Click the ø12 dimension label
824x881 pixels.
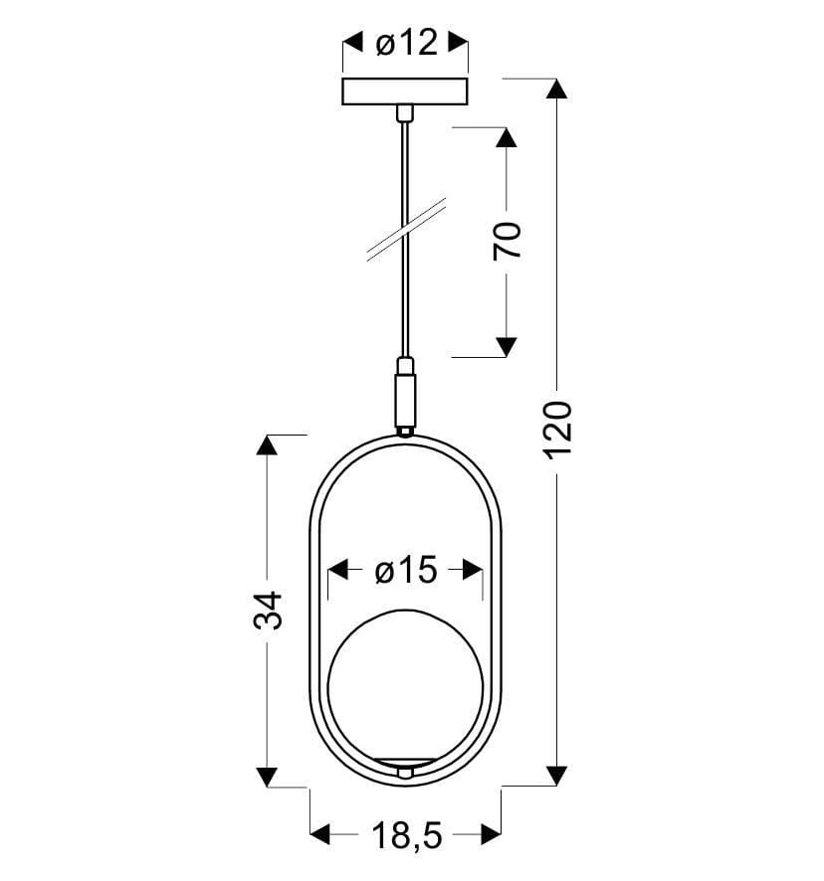tap(406, 44)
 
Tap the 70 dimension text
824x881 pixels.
tap(507, 242)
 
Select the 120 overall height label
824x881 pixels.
tap(558, 429)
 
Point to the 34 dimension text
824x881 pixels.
tap(267, 610)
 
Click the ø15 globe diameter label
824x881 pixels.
tap(406, 571)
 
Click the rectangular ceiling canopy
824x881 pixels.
tap(405, 91)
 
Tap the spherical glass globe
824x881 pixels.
tap(406, 686)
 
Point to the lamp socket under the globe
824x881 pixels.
tap(405, 769)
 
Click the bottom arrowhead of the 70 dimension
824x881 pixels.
tap(507, 346)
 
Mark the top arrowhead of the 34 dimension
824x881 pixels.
tap(266, 444)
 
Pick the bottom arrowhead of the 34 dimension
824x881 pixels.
tap(266, 777)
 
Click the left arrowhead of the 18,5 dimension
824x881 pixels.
tap(320, 834)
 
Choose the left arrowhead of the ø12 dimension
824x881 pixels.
tap(352, 43)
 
